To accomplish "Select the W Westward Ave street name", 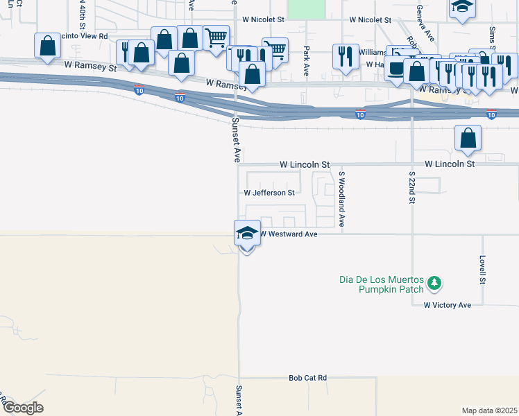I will [x=289, y=234].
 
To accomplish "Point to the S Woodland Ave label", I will [x=341, y=200].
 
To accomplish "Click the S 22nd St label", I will [x=411, y=187].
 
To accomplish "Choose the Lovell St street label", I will [x=482, y=270].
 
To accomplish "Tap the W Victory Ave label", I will [x=448, y=305].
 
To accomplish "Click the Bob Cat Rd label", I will [x=307, y=379].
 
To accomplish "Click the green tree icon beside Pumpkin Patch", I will [x=434, y=282].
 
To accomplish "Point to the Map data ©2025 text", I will [x=489, y=410].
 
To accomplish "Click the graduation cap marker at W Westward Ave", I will [x=246, y=234].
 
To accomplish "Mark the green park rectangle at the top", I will [x=306, y=8].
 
